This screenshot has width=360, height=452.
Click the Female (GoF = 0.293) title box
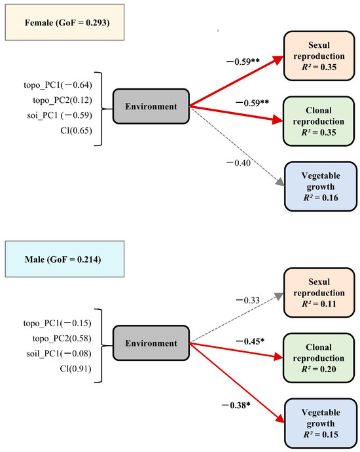[65, 22]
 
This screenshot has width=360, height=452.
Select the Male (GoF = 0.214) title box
[65, 259]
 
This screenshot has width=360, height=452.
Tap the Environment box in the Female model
[151, 106]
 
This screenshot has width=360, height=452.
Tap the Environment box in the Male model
[151, 343]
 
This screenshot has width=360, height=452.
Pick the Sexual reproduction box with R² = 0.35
[319, 56]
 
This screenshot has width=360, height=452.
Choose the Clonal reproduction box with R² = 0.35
[319, 121]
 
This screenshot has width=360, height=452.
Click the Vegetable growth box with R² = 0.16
[321, 187]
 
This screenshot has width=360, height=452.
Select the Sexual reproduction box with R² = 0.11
[319, 293]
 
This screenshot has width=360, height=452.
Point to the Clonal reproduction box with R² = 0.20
[319, 358]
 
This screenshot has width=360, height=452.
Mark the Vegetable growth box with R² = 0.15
[321, 423]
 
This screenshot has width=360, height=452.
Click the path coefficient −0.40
[238, 163]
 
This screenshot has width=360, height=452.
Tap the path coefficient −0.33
[247, 301]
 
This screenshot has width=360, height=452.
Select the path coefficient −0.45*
[250, 341]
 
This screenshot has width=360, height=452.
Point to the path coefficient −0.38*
[236, 405]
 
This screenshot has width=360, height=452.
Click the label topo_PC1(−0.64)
[58, 85]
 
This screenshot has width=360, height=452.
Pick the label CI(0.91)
[75, 369]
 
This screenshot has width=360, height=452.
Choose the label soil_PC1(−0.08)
[59, 354]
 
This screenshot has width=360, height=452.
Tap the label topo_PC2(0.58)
[62, 338]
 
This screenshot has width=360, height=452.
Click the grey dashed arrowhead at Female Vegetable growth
[280, 183]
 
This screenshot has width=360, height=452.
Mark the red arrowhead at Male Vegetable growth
[280, 419]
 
